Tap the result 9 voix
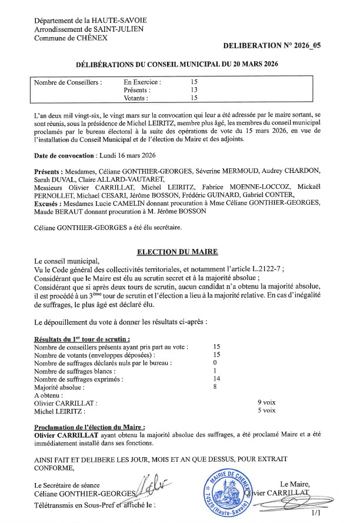[x=266, y=402]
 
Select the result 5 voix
[x=266, y=411]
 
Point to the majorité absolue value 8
[x=216, y=387]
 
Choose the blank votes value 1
[x=216, y=371]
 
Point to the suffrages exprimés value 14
[x=216, y=379]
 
